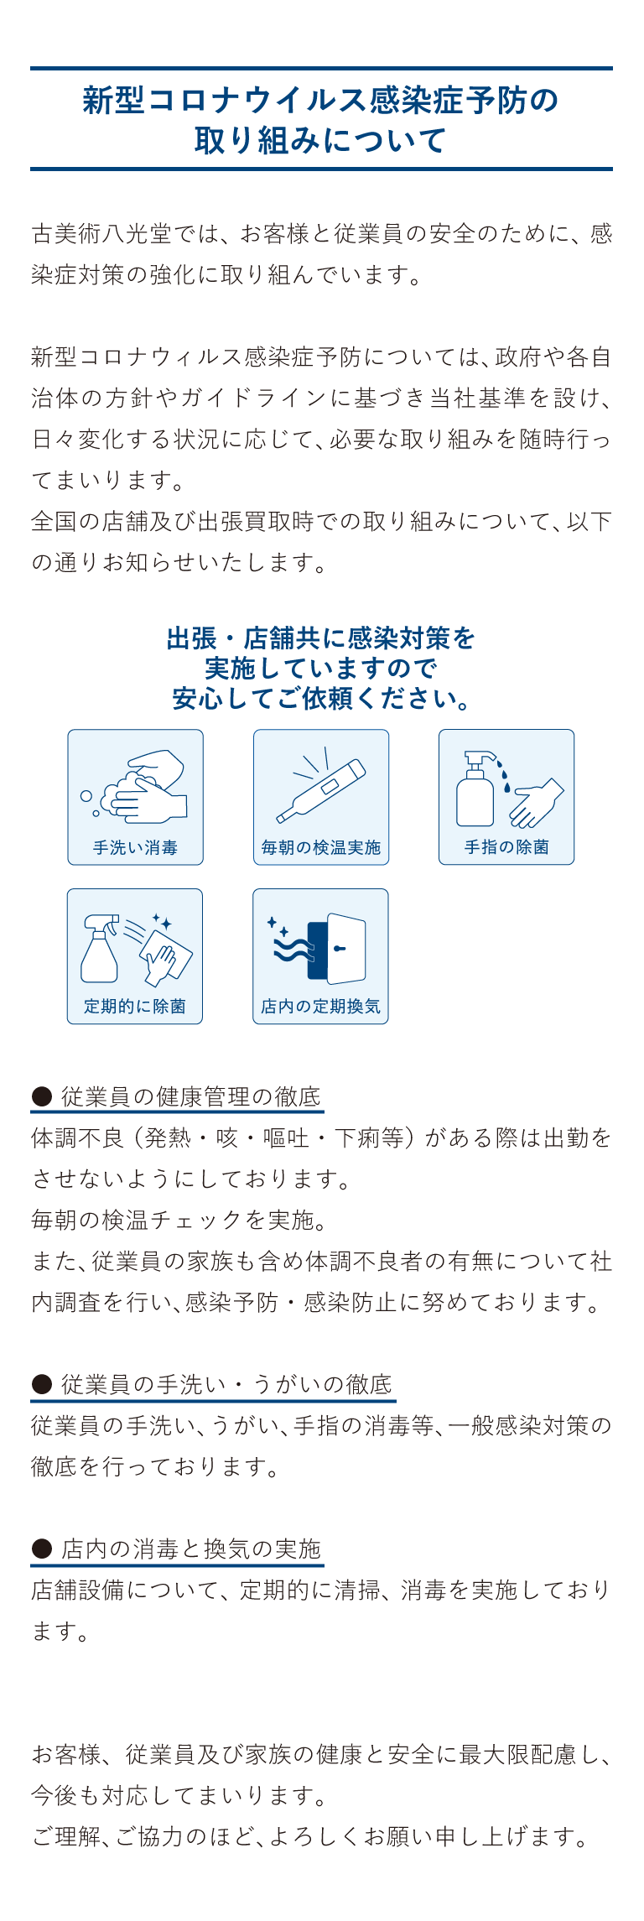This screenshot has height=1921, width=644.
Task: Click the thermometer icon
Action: (x=321, y=790)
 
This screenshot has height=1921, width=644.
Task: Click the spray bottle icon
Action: (x=100, y=948)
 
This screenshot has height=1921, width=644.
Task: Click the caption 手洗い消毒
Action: (x=135, y=847)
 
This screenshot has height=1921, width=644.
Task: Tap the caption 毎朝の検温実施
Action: (x=321, y=847)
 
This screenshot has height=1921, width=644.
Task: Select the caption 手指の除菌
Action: (x=506, y=847)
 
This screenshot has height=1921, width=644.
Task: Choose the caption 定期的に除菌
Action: (x=135, y=1007)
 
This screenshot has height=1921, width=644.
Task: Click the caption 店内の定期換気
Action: (x=321, y=1007)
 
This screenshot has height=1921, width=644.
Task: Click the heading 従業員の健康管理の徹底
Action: (x=191, y=1096)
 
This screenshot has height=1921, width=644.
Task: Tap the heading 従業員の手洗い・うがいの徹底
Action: (x=227, y=1384)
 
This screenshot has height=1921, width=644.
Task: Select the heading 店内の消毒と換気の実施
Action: (x=191, y=1549)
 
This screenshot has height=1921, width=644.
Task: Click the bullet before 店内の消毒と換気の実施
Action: (x=41, y=1549)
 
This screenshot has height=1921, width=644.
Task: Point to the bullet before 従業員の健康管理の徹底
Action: (x=41, y=1096)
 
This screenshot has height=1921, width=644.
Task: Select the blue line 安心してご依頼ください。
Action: (x=322, y=698)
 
